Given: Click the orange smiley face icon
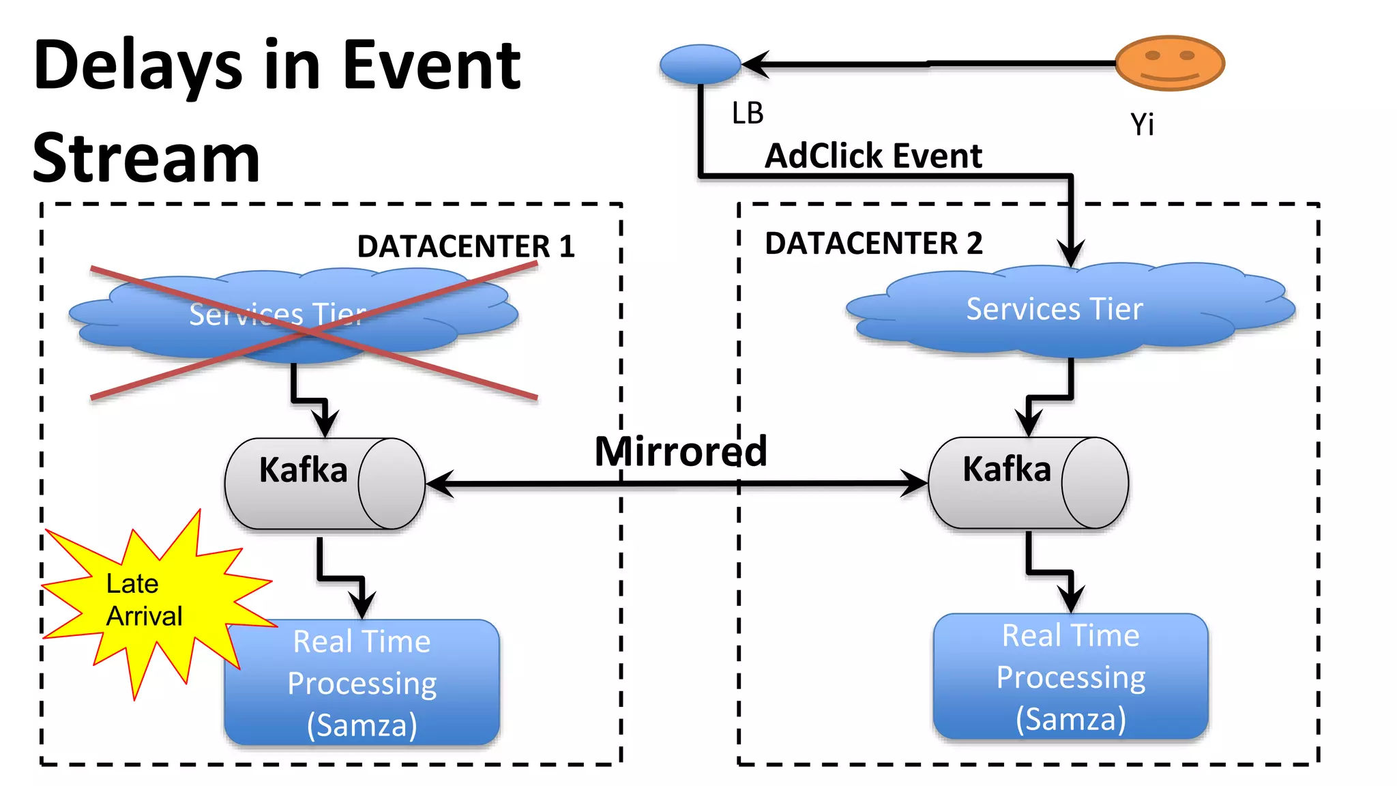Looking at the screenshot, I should click(1170, 63).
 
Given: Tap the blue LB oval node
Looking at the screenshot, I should click(700, 64).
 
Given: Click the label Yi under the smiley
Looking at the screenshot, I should click(1142, 124).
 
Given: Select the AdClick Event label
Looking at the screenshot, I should click(872, 156).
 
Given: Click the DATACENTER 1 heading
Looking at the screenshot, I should click(465, 246).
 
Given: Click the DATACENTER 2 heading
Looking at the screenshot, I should click(873, 244).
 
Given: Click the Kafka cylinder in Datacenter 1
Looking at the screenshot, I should click(325, 483).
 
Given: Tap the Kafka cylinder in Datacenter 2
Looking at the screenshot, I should click(1028, 482).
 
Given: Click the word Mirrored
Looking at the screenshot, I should click(680, 451).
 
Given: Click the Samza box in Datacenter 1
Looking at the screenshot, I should click(362, 682).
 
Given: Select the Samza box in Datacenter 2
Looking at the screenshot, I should click(1070, 676).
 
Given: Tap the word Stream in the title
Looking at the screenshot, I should click(146, 158).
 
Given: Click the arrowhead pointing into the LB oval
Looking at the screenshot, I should click(756, 64).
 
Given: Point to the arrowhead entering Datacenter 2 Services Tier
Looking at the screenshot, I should click(1071, 254).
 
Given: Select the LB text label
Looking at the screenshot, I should click(748, 113).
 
